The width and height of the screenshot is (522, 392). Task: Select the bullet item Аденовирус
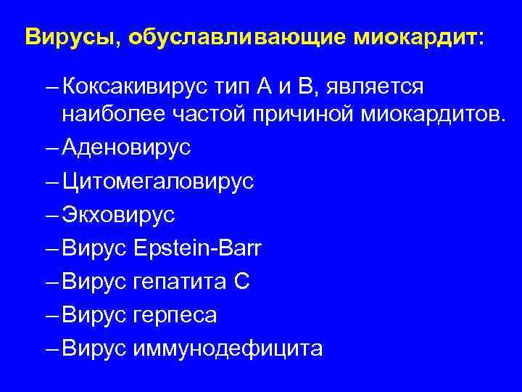[127, 148]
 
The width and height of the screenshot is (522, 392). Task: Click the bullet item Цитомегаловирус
[158, 181]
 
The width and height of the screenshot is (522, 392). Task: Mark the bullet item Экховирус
[119, 216]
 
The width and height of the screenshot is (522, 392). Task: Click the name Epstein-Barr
[199, 249]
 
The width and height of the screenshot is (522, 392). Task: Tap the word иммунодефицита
[228, 349]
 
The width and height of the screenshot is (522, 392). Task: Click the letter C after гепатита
[243, 282]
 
